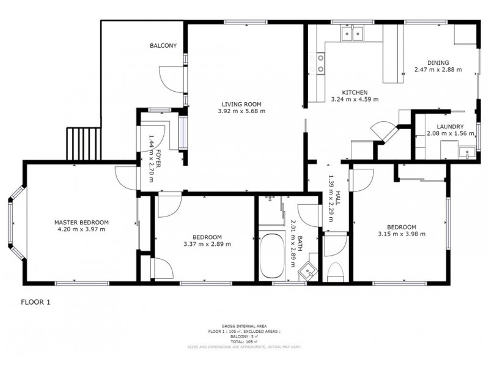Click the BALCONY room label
pyautogui.click(x=163, y=45)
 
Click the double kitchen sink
pyautogui.click(x=353, y=34)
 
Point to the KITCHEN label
pyautogui.click(x=354, y=92)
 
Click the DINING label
pyautogui.click(x=438, y=62)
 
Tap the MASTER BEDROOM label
pyautogui.click(x=81, y=222)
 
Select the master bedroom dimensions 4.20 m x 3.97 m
pyautogui.click(x=81, y=229)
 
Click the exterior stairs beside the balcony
pyautogui.click(x=83, y=142)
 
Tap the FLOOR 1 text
pyautogui.click(x=36, y=302)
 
